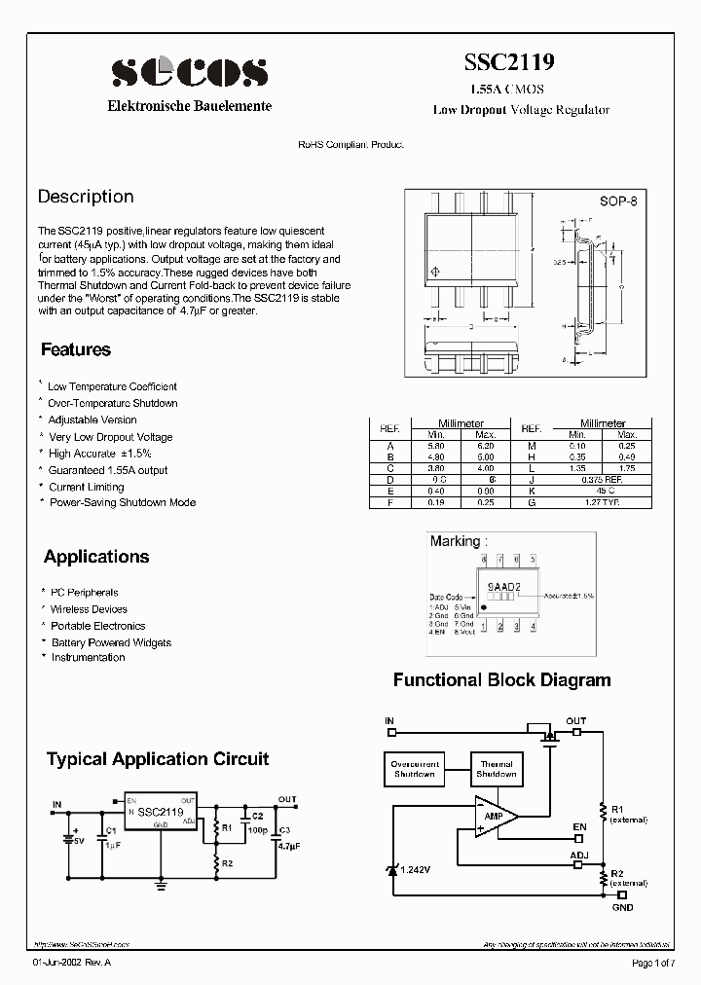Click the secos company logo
coord(189,72)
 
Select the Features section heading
coord(76,349)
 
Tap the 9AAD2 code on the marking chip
coord(503,588)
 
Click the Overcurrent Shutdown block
coord(415,769)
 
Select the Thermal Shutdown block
coord(496,769)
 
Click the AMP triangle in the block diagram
coord(495,816)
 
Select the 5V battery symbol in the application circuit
coord(69,836)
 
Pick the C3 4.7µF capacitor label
coord(285,839)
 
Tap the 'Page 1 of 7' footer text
coord(651,963)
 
